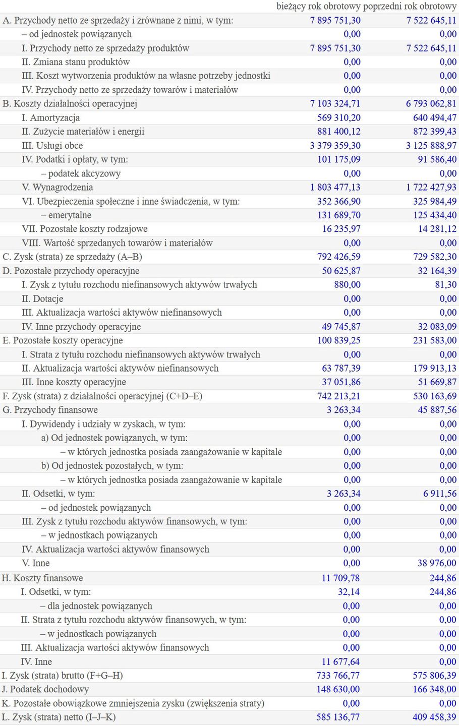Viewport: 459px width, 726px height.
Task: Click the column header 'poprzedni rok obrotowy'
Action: pyautogui.click(x=410, y=7)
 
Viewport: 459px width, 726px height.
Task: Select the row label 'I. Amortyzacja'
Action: pyautogui.click(x=50, y=117)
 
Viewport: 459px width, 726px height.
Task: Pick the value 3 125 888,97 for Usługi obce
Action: pyautogui.click(x=431, y=145)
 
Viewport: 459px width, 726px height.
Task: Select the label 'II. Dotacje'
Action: pyautogui.click(x=42, y=298)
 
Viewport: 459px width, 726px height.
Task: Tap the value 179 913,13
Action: pyautogui.click(x=434, y=368)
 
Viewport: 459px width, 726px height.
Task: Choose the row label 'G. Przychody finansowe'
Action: pyautogui.click(x=50, y=410)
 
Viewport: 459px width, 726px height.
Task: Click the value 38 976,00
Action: pyautogui.click(x=437, y=563)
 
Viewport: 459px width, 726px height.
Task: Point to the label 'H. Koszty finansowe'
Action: pyautogui.click(x=42, y=578)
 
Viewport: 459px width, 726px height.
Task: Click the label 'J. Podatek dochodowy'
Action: pyautogui.click(x=45, y=689)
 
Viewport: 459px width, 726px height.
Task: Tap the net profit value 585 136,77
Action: pyautogui.click(x=338, y=717)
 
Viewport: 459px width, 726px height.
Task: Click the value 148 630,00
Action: pyautogui.click(x=338, y=689)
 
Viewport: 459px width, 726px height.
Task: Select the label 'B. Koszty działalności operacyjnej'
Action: pyautogui.click(x=70, y=103)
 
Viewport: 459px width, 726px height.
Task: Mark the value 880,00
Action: pyautogui.click(x=347, y=284)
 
